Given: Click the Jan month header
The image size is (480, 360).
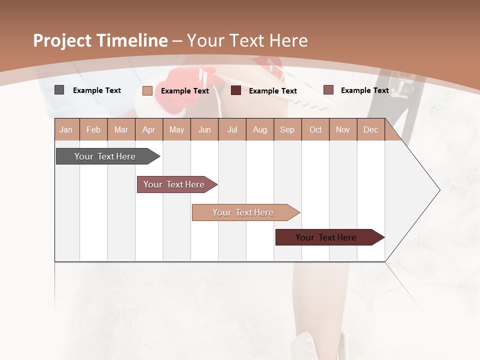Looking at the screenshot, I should click(x=66, y=129).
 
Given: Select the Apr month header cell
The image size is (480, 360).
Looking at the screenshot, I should click(x=149, y=129).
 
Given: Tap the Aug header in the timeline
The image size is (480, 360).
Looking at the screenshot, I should click(x=260, y=129).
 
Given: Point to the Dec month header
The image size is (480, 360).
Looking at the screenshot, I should click(x=371, y=129).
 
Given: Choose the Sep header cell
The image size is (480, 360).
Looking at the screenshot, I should click(x=287, y=129).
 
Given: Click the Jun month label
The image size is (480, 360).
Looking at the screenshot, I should click(x=204, y=129).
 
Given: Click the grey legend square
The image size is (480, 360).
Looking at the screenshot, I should click(x=59, y=90).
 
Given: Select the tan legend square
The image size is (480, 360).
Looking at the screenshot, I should click(x=147, y=90).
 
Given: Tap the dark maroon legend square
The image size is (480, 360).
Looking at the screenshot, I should click(x=236, y=90).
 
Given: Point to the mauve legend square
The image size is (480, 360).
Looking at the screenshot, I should click(x=328, y=90).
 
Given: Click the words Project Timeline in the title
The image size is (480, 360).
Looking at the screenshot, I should click(x=100, y=40).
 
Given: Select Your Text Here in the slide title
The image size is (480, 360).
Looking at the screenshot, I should click(x=247, y=40).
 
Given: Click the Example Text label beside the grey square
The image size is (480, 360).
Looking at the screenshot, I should click(x=97, y=90).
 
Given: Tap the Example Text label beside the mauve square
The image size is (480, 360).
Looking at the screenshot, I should click(x=365, y=90).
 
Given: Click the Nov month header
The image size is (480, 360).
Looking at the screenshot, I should click(x=343, y=129).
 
